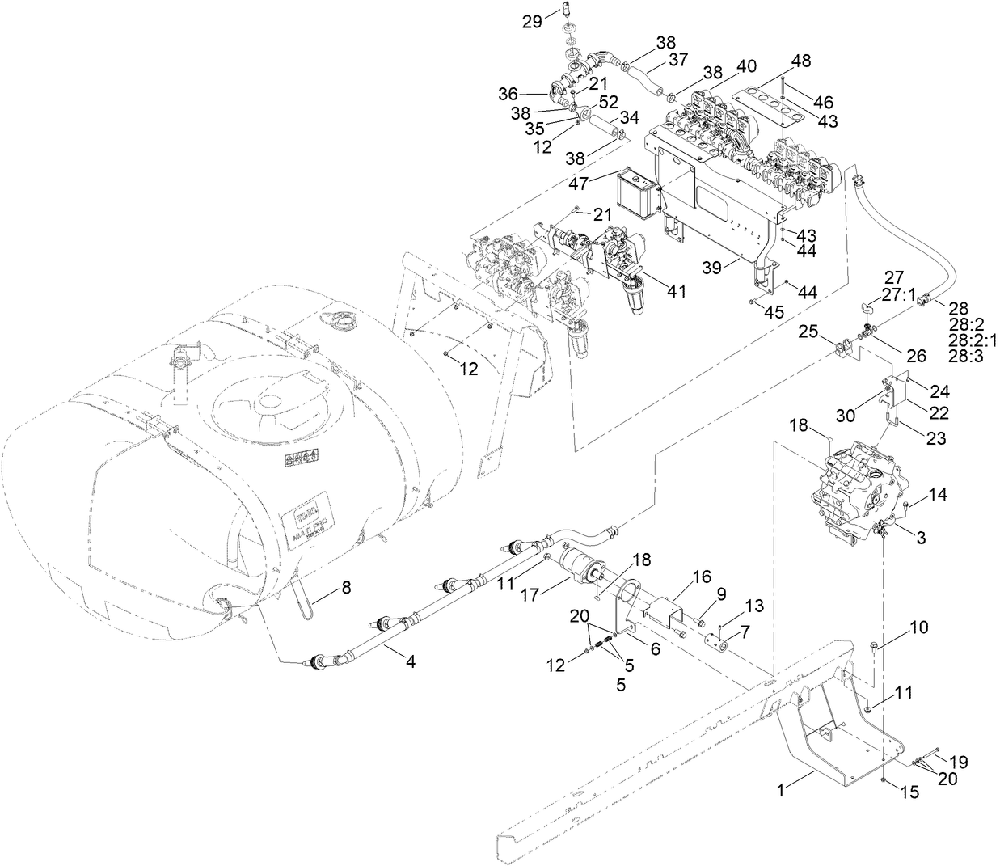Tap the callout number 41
click(x=676, y=291)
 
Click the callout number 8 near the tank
click(x=346, y=589)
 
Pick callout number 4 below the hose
click(x=411, y=661)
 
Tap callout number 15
click(x=909, y=793)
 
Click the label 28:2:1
click(x=974, y=340)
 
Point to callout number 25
click(x=808, y=332)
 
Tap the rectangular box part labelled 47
click(x=636, y=194)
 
